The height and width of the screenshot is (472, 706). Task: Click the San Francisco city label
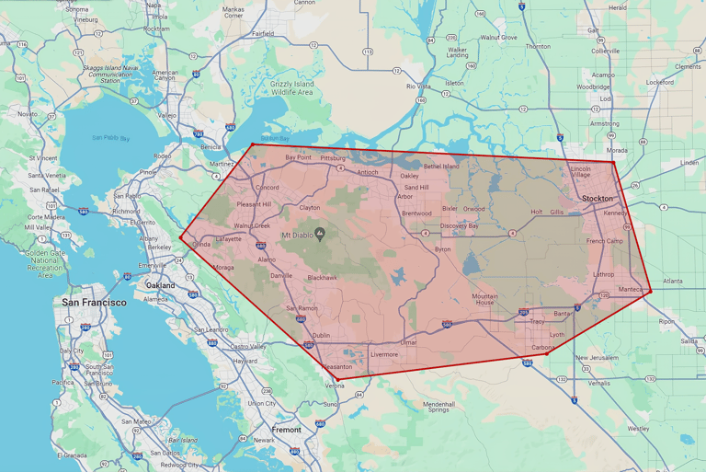(x=94, y=302)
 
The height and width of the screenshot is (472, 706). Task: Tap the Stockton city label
(x=598, y=198)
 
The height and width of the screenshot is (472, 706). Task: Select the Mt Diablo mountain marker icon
(x=320, y=233)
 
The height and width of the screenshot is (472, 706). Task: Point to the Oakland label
(x=160, y=285)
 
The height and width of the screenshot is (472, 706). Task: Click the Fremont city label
(x=287, y=430)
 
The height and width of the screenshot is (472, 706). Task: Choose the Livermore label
(x=383, y=354)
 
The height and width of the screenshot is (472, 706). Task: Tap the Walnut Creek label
(x=251, y=225)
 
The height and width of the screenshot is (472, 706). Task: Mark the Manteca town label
(x=632, y=290)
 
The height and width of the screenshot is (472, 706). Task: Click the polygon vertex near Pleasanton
(x=336, y=379)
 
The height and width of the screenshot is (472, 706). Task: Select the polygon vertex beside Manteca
(x=651, y=292)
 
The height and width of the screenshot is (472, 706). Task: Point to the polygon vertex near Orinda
(x=181, y=237)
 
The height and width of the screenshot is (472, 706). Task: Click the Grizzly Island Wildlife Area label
(x=292, y=88)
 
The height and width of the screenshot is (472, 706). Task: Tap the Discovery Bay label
(x=459, y=225)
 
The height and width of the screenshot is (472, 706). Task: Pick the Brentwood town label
(x=416, y=213)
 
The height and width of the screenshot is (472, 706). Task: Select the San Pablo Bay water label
(x=110, y=138)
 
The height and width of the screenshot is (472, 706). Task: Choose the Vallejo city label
(x=166, y=116)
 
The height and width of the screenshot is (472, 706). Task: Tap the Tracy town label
(x=536, y=321)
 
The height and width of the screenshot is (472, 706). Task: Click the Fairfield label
(x=263, y=33)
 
